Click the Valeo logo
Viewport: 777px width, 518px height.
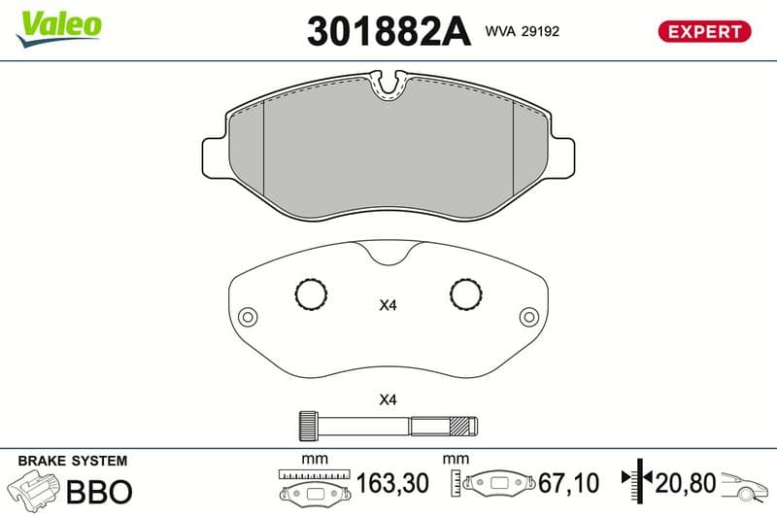(x=59, y=28)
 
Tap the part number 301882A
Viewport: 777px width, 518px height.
(x=389, y=31)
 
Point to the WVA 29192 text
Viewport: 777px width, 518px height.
(x=523, y=31)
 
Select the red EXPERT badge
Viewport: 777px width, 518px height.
(x=705, y=31)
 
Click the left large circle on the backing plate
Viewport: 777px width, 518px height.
(x=311, y=294)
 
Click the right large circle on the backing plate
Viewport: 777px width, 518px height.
(x=466, y=294)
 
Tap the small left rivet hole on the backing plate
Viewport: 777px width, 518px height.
(x=248, y=317)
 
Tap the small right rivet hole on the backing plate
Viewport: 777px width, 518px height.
(x=528, y=317)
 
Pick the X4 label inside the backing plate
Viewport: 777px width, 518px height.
(x=388, y=305)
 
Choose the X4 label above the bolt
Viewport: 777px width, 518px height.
(x=388, y=399)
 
